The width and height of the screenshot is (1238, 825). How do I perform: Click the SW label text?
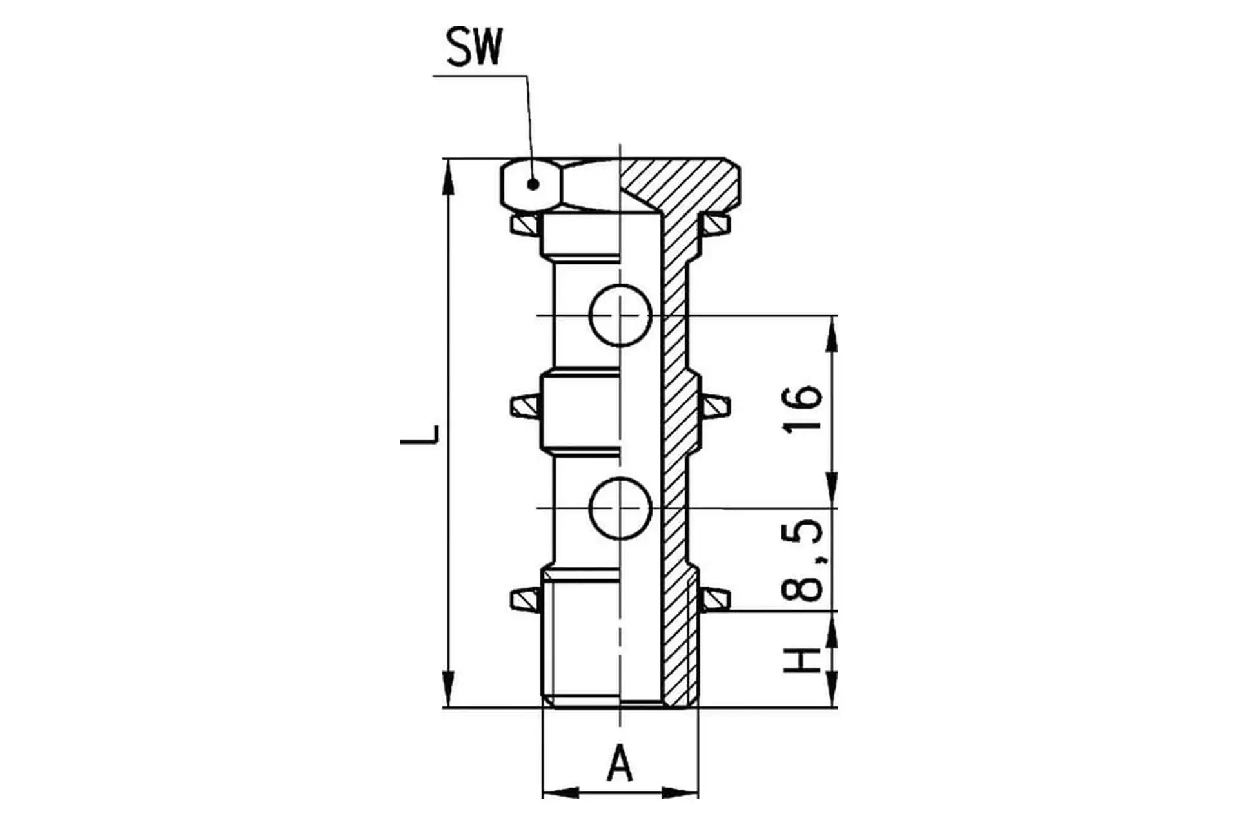point(474,47)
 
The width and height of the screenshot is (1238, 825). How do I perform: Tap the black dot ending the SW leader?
point(533,184)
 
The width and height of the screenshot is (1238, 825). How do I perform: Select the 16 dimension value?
point(803,409)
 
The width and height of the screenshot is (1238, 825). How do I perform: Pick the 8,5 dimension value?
point(803,560)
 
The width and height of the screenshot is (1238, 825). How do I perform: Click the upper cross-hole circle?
point(620,315)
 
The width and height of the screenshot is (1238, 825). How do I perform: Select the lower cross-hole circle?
point(620,509)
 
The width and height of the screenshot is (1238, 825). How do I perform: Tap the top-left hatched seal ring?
point(525,224)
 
